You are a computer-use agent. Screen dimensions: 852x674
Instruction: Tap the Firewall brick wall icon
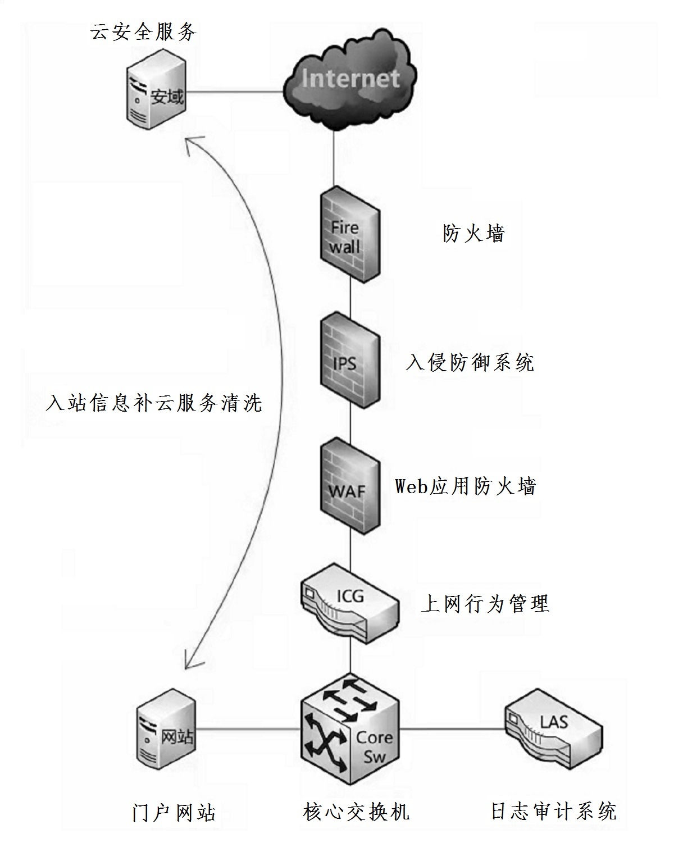pyautogui.click(x=349, y=235)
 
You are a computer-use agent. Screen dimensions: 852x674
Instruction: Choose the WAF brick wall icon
pyautogui.click(x=349, y=487)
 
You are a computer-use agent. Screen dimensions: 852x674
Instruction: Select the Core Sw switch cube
pyautogui.click(x=349, y=730)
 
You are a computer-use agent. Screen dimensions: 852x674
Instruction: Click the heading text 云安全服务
pyautogui.click(x=143, y=32)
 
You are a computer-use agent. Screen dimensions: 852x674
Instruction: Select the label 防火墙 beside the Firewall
pyautogui.click(x=473, y=233)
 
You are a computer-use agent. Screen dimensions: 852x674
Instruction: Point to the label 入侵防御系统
pyautogui.click(x=470, y=362)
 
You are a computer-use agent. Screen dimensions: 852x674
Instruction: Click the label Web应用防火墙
pyautogui.click(x=466, y=486)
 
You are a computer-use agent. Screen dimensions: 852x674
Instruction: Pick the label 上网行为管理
pyautogui.click(x=485, y=604)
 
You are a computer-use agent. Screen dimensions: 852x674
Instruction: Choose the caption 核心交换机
pyautogui.click(x=356, y=812)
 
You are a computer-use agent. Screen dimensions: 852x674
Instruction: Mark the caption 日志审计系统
pyautogui.click(x=554, y=812)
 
